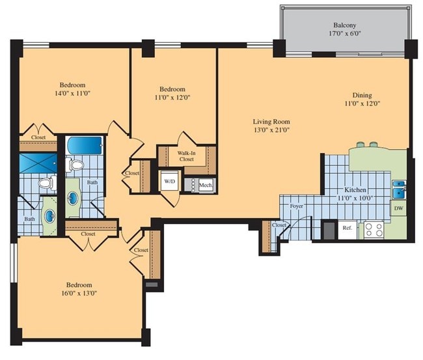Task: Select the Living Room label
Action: pos(271,121)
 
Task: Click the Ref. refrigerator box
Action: pos(347,229)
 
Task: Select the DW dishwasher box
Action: pos(398,208)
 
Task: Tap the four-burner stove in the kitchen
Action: pos(374,229)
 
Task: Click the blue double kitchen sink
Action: pos(398,191)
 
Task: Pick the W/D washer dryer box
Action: pos(169,180)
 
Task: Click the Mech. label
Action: pos(206,185)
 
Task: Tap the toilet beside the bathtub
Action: pos(76,165)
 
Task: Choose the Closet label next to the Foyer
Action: pos(279,225)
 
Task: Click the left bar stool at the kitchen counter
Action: pos(362,144)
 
